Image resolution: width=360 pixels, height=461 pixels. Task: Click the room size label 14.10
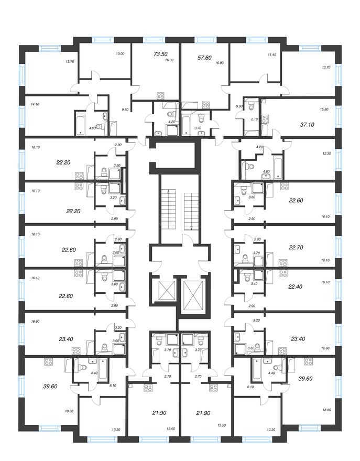(36, 104)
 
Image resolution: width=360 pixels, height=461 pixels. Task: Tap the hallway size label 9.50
(125, 109)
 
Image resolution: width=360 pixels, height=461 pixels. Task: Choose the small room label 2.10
(254, 119)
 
